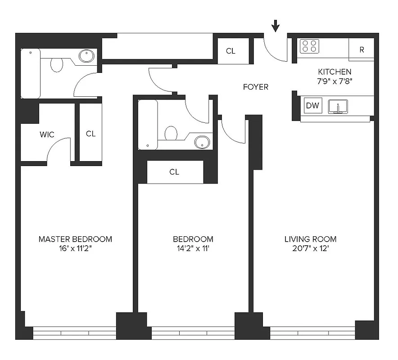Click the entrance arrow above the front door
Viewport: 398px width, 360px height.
276,26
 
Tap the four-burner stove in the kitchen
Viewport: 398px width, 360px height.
310,46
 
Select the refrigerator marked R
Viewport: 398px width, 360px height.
362,49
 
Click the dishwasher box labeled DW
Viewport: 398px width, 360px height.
312,106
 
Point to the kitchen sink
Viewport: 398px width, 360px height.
338,107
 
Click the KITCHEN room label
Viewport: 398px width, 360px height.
335,72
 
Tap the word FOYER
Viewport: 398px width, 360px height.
255,87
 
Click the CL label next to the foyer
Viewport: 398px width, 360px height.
231,51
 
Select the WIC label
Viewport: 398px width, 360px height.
47,135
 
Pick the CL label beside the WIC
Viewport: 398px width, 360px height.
91,134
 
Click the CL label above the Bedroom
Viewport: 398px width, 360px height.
174,172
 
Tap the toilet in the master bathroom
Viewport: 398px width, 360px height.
57,64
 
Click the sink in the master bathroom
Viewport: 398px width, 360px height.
86,56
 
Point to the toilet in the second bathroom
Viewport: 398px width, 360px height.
171,133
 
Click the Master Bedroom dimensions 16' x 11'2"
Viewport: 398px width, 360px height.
75,247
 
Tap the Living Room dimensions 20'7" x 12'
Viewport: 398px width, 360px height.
310,247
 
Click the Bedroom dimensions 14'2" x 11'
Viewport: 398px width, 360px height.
193,247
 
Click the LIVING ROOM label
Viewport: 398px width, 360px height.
310,239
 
